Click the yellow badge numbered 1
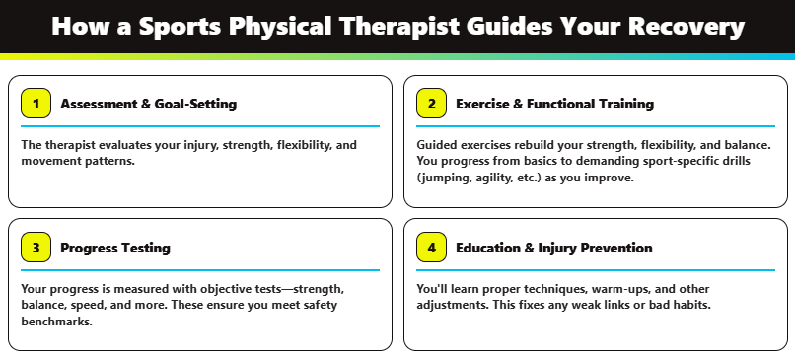coord(36,104)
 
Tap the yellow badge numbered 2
coord(431,104)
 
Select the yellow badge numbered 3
coord(36,248)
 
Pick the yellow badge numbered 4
coord(431,248)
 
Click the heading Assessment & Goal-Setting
coord(148,104)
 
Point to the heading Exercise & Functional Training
coord(554,104)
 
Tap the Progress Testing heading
coord(115,248)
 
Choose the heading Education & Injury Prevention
coord(553,248)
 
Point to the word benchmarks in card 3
coord(55,321)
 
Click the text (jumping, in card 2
coord(447,178)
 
